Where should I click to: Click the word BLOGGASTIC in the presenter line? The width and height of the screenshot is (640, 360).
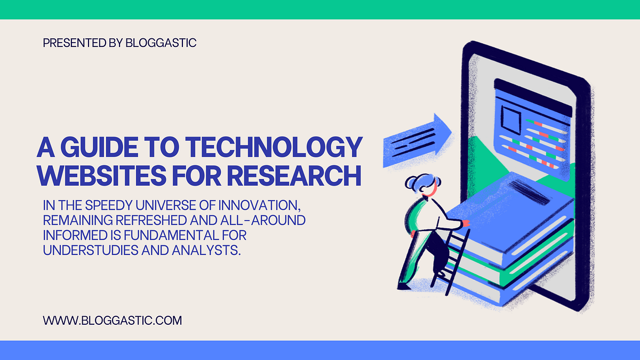coord(161,43)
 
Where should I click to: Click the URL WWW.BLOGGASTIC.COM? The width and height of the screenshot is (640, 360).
coord(113,321)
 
